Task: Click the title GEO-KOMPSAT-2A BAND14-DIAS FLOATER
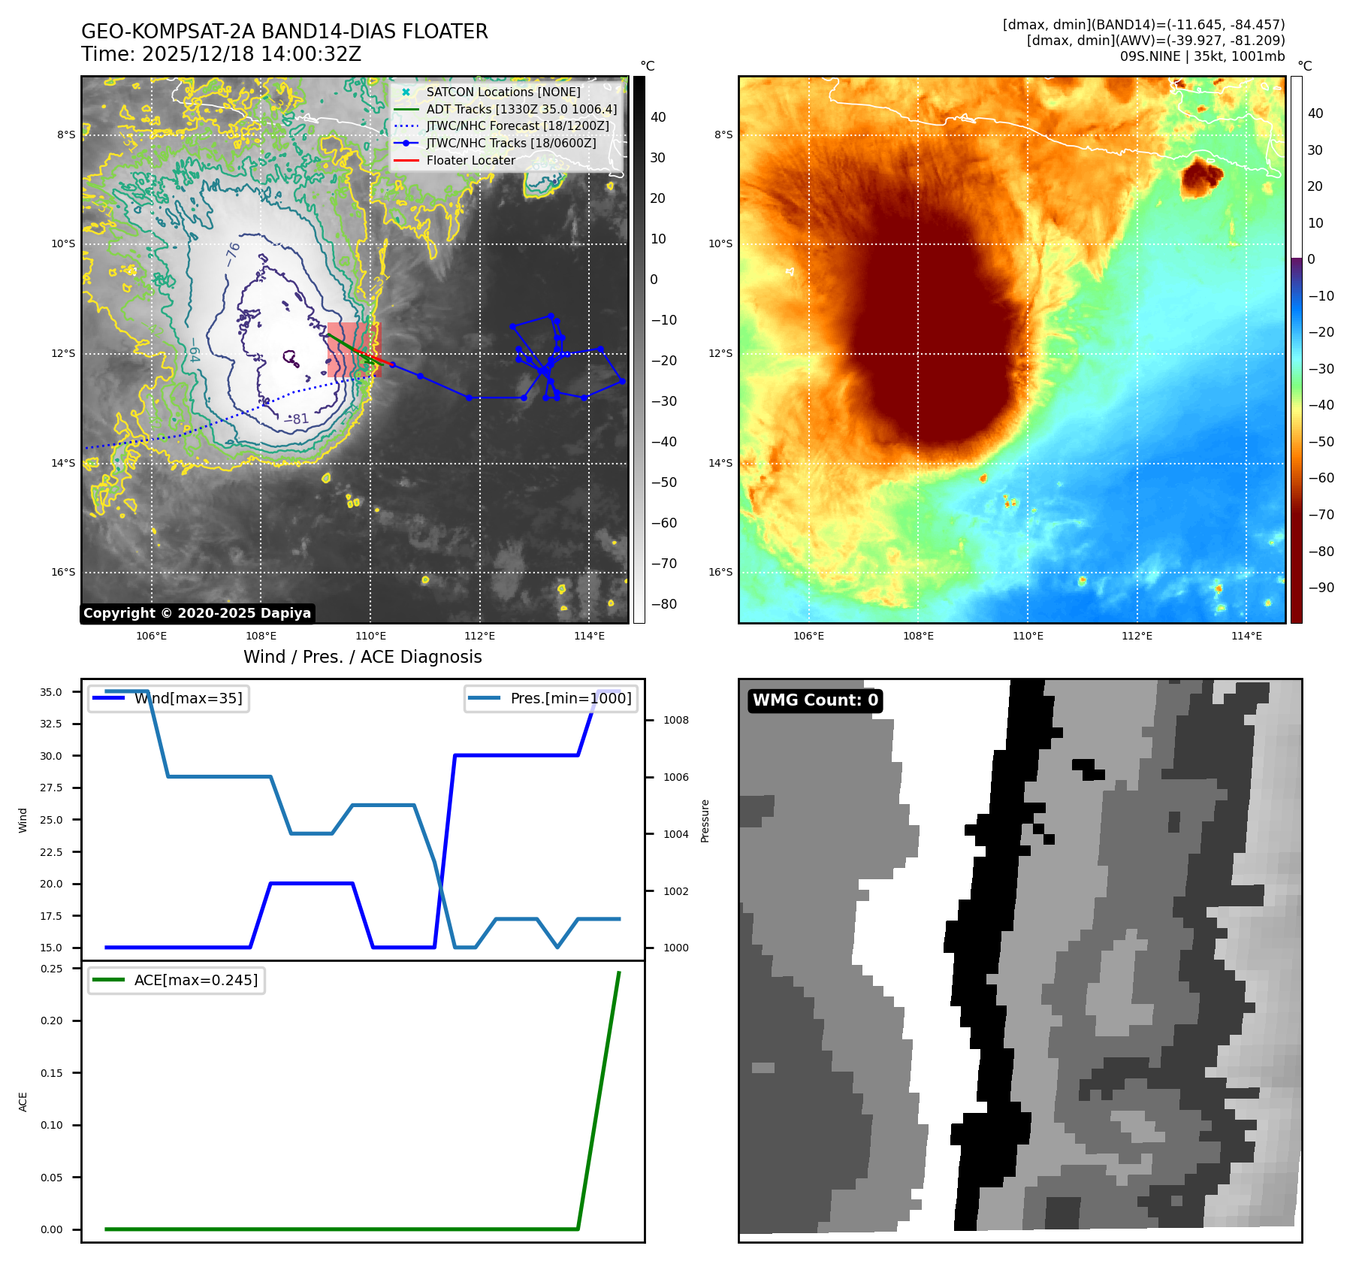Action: pyautogui.click(x=284, y=32)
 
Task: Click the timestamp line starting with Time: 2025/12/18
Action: pyautogui.click(x=221, y=54)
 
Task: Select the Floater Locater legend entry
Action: pyautogui.click(x=470, y=160)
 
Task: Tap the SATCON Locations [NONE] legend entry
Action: pyautogui.click(x=503, y=92)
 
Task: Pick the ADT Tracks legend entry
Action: pyautogui.click(x=521, y=109)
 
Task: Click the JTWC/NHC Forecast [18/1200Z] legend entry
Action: pyautogui.click(x=517, y=125)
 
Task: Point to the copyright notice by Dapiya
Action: pyautogui.click(x=197, y=613)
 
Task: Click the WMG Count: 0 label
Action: pyautogui.click(x=815, y=700)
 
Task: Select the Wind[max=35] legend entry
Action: pyautogui.click(x=188, y=698)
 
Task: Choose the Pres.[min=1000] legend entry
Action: pyautogui.click(x=570, y=698)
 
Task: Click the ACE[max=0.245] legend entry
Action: pyautogui.click(x=195, y=980)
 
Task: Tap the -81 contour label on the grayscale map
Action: pyautogui.click(x=297, y=419)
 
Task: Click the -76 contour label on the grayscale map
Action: pyautogui.click(x=233, y=253)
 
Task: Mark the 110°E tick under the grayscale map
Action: pyautogui.click(x=370, y=637)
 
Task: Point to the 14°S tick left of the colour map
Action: pyautogui.click(x=720, y=463)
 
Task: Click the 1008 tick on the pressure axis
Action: pyautogui.click(x=675, y=720)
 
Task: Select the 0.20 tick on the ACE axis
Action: pyautogui.click(x=51, y=1021)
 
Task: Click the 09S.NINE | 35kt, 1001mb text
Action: pyautogui.click(x=1202, y=56)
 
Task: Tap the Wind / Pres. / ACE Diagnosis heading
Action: pyautogui.click(x=362, y=657)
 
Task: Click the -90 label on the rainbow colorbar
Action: pyautogui.click(x=1321, y=588)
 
